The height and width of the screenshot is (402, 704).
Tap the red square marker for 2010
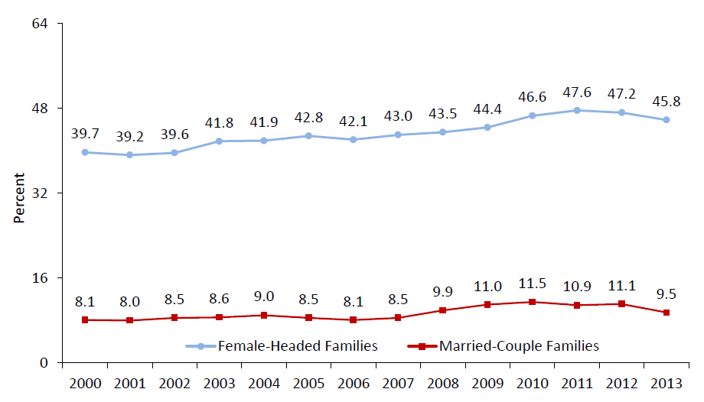[x=533, y=302]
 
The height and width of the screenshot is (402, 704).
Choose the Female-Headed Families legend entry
[x=282, y=346]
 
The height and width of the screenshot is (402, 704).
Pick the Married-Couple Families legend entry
[x=507, y=346]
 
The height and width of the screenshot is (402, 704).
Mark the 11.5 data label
[x=533, y=284]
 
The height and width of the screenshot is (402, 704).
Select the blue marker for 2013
[x=667, y=120]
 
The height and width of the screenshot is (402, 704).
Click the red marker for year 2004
[x=264, y=315]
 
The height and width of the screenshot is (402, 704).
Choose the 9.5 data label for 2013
[x=667, y=294]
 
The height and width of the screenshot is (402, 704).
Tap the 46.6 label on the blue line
[x=533, y=99]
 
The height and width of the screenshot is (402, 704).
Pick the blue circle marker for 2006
[x=354, y=140]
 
